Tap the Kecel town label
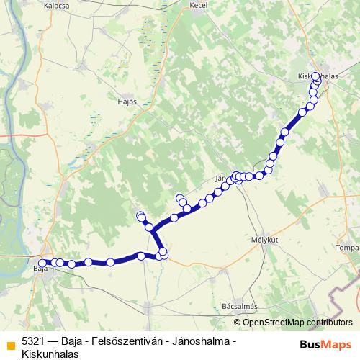tap(198, 5)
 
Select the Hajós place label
tap(127, 102)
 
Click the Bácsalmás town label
tap(240, 306)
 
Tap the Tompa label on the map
tap(347, 248)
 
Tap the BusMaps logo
tap(326, 343)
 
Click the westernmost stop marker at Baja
tap(42, 263)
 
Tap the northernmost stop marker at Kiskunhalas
tap(315, 76)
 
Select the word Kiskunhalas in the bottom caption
tap(49, 353)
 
